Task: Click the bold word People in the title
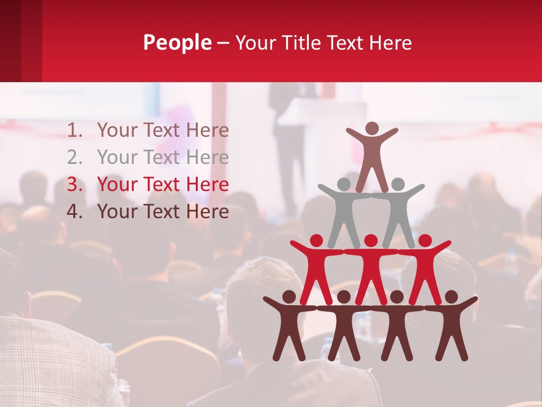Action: (177, 42)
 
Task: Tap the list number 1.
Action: (75, 131)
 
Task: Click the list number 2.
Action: (75, 157)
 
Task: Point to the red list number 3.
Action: (75, 184)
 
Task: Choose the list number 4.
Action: (75, 211)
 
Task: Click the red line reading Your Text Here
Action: (163, 184)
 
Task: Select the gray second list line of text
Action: (163, 157)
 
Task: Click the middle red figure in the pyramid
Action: (370, 269)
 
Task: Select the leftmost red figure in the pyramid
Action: (317, 269)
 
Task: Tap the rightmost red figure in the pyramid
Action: (425, 269)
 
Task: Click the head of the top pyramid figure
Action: (371, 129)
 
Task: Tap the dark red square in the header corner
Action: (21, 41)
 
